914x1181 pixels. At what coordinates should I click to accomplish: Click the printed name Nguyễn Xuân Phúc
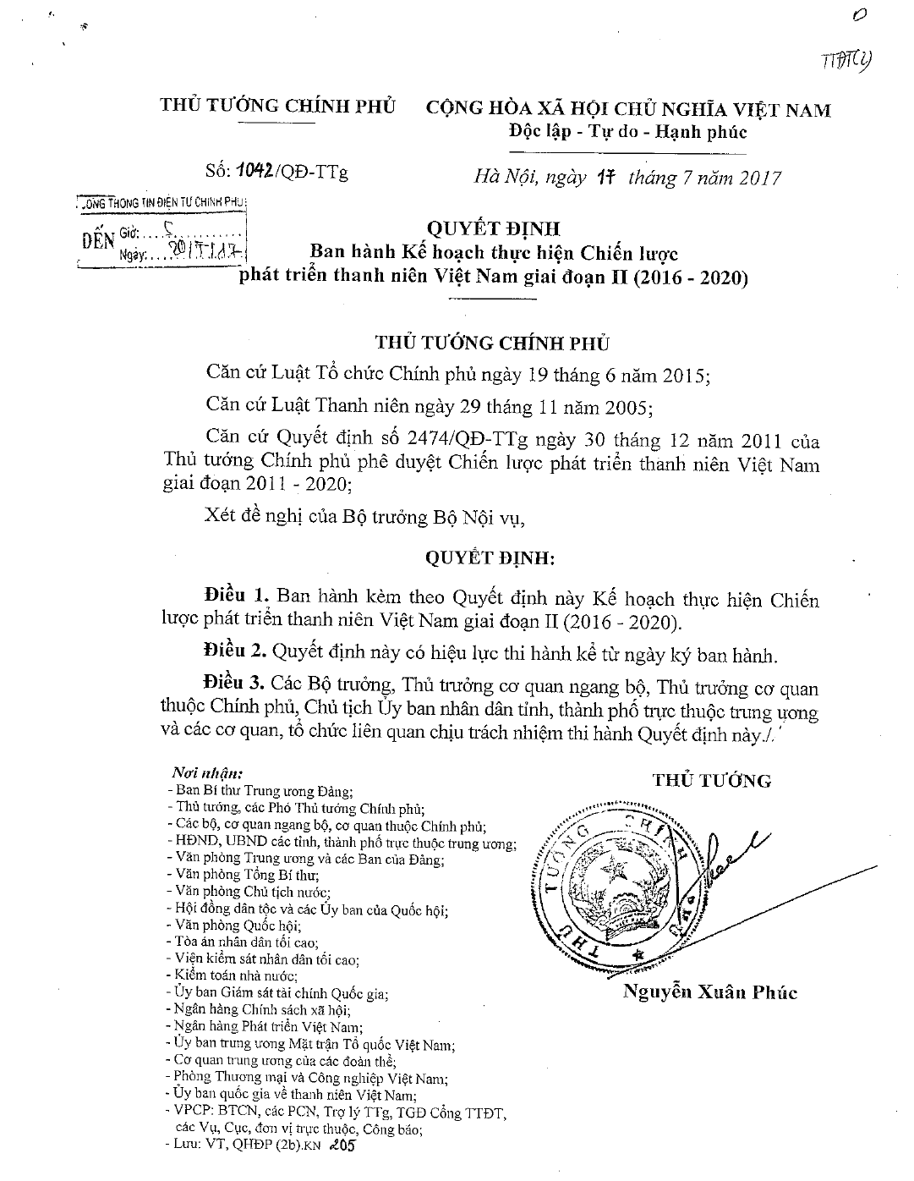[709, 992]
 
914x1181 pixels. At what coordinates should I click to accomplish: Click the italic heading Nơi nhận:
[207, 773]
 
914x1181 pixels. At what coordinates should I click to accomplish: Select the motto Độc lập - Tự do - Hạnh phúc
[627, 132]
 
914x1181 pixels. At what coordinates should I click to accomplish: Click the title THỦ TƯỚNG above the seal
[712, 780]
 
